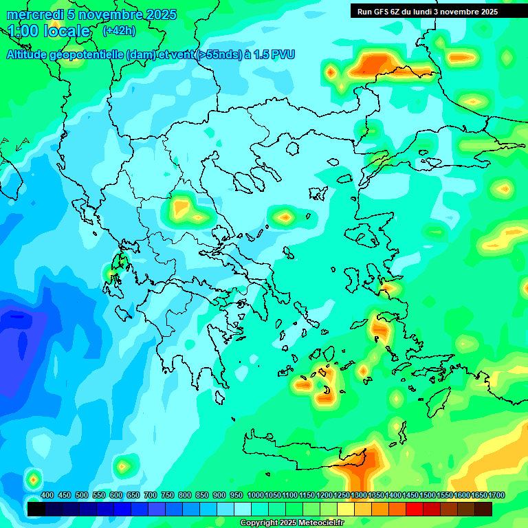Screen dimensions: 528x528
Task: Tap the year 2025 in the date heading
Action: pyautogui.click(x=160, y=14)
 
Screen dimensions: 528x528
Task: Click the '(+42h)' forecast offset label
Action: pyautogui.click(x=119, y=31)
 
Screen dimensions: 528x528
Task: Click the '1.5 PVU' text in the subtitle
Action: pyautogui.click(x=274, y=54)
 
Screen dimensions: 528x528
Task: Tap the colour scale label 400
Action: pyautogui.click(x=47, y=495)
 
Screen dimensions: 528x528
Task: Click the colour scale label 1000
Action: pyautogui.click(x=255, y=495)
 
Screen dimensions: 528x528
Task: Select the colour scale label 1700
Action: pyautogui.click(x=483, y=495)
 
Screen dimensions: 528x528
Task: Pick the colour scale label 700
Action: pyautogui.click(x=151, y=495)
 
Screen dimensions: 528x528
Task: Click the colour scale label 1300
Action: pyautogui.click(x=359, y=495)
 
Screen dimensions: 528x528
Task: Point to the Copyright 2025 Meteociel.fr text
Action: pyautogui.click(x=292, y=523)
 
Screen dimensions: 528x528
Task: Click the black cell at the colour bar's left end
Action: pyautogui.click(x=36, y=509)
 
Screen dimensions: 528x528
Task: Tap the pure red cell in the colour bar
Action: pyautogui.click(x=415, y=509)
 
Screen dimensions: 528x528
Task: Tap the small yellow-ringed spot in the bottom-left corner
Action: pyautogui.click(x=33, y=478)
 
